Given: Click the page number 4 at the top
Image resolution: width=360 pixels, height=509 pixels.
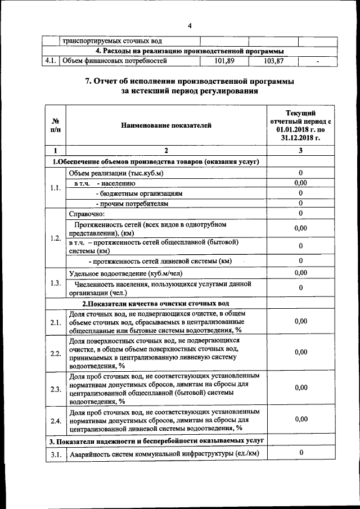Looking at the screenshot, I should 190,25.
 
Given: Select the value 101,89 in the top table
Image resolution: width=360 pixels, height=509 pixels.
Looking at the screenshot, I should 224,61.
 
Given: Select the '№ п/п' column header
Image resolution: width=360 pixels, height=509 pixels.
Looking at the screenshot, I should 56,125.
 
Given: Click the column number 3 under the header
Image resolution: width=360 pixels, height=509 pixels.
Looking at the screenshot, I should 301,151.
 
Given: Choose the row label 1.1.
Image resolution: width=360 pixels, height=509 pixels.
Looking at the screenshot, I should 56,188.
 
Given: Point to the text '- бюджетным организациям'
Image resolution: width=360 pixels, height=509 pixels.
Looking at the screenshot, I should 139,193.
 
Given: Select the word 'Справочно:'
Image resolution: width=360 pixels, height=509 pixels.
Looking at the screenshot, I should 87,213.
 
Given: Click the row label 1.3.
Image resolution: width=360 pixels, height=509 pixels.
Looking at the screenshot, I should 56,282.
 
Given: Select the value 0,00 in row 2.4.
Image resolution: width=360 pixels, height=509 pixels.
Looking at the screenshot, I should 301,419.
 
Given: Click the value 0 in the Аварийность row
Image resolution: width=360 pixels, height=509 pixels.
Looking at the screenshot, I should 301,453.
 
